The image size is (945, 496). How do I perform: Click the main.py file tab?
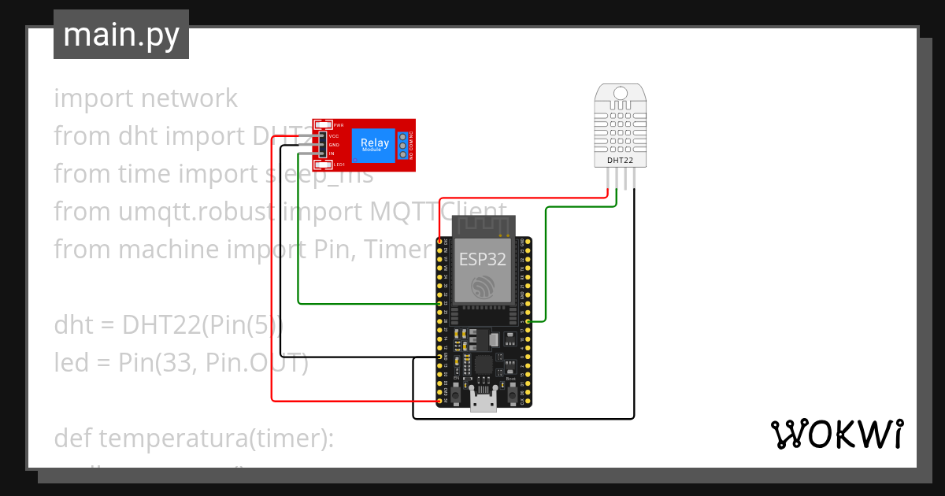click(x=120, y=35)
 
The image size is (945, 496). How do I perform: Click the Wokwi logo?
click(x=836, y=434)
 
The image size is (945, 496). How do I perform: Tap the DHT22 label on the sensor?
click(x=620, y=160)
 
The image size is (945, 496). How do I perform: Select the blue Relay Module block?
click(x=374, y=145)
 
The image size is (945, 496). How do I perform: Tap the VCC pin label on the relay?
click(x=334, y=136)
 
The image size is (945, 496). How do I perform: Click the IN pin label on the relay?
click(x=332, y=154)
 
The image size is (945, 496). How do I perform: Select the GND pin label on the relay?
click(x=334, y=145)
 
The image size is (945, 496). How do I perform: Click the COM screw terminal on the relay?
click(x=402, y=145)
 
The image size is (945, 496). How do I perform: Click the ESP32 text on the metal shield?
click(x=483, y=260)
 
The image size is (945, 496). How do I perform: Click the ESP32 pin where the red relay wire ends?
click(x=439, y=401)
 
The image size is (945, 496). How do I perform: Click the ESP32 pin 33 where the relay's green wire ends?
click(x=439, y=303)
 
